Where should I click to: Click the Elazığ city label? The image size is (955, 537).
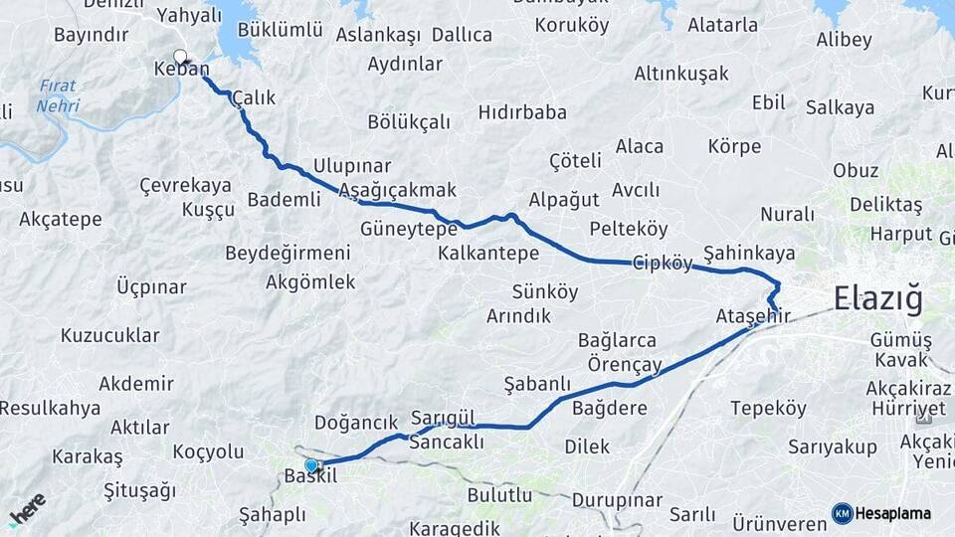coord(878,297)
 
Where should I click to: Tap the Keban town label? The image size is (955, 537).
coord(181,69)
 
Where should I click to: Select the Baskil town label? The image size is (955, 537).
coord(311,476)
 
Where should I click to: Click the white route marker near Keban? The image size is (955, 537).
coord(180,56)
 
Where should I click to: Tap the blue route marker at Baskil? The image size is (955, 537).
coord(311,464)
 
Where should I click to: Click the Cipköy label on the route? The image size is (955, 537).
coord(663,264)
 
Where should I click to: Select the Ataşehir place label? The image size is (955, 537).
coord(753,316)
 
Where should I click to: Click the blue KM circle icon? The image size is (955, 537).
coord(843,513)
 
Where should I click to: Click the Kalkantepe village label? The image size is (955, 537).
coord(488,254)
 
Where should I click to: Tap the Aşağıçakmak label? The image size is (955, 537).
coord(397,190)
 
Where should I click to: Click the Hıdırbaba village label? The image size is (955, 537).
coord(522,112)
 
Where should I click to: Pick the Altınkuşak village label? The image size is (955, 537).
coord(681,74)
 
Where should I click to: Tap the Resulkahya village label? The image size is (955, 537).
coord(50,408)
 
